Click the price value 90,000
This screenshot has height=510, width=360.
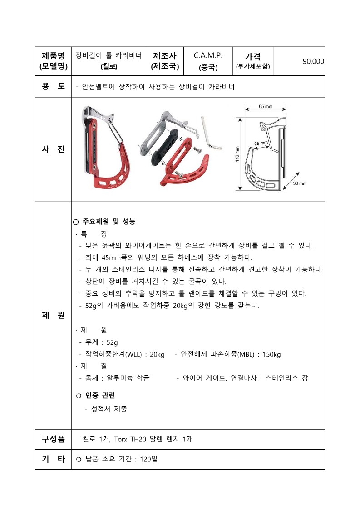pyautogui.click(x=313, y=61)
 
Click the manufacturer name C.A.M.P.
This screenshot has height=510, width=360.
pyautogui.click(x=208, y=55)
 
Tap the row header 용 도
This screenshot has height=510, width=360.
pyautogui.click(x=53, y=86)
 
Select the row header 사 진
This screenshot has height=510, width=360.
pyautogui.click(x=53, y=149)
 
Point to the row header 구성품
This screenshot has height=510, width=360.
pyautogui.click(x=53, y=439)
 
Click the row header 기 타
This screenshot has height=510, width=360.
pyautogui.click(x=53, y=459)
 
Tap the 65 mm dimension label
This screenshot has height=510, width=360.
pyautogui.click(x=266, y=106)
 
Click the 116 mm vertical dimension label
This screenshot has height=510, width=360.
pyautogui.click(x=237, y=154)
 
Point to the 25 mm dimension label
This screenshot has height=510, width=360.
pyautogui.click(x=261, y=143)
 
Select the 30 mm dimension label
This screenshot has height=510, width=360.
pyautogui.click(x=300, y=183)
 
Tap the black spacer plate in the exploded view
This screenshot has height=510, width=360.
pyautogui.click(x=165, y=146)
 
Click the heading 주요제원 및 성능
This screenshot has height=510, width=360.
pyautogui.click(x=108, y=222)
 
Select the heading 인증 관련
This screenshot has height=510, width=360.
pyautogui.click(x=100, y=396)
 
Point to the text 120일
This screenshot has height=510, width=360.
pyautogui.click(x=148, y=459)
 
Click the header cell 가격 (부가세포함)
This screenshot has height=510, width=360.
pyautogui.click(x=253, y=61)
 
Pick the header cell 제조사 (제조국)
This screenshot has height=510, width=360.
pyautogui.click(x=165, y=61)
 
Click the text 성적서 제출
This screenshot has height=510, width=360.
pyautogui.click(x=109, y=409)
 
